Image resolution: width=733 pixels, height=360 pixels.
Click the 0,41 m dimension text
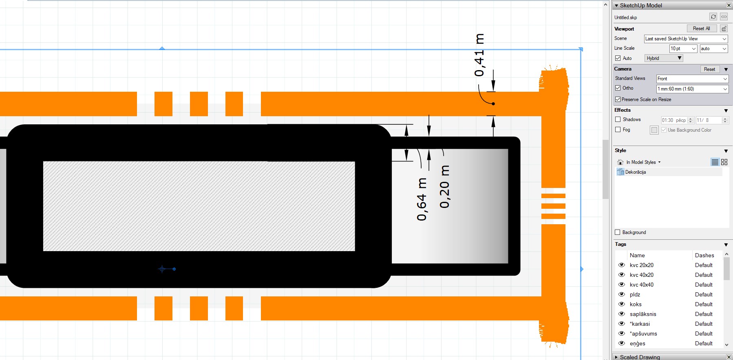[x=479, y=55]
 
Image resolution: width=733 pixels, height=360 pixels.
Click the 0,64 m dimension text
[x=422, y=199]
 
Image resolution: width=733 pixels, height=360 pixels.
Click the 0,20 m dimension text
[x=444, y=187]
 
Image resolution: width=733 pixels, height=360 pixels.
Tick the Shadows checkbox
[x=618, y=119]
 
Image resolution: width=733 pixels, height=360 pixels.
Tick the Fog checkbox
[x=618, y=130]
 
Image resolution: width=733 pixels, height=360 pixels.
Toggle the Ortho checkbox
[x=618, y=88]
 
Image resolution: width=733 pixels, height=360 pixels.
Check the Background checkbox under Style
[x=618, y=232]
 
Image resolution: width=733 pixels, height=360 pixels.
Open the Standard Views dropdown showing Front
[x=692, y=79]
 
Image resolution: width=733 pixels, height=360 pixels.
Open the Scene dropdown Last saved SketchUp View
[x=686, y=39]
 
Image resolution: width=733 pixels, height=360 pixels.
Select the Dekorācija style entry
[x=636, y=172]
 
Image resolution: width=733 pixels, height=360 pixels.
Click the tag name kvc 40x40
[x=641, y=285]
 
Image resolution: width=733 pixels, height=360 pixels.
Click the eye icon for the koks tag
[x=622, y=304]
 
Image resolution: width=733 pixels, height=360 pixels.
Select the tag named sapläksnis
[x=643, y=314]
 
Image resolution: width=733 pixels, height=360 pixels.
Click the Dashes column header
[x=704, y=255]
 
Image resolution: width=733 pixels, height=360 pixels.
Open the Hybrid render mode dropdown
[x=663, y=58]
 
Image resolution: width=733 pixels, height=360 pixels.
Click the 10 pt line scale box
[x=683, y=49]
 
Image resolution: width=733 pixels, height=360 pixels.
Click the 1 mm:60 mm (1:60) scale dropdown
[x=692, y=89]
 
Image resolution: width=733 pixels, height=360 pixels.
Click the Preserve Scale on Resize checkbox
[x=618, y=99]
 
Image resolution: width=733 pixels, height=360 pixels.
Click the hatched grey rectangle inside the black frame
[x=199, y=206]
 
